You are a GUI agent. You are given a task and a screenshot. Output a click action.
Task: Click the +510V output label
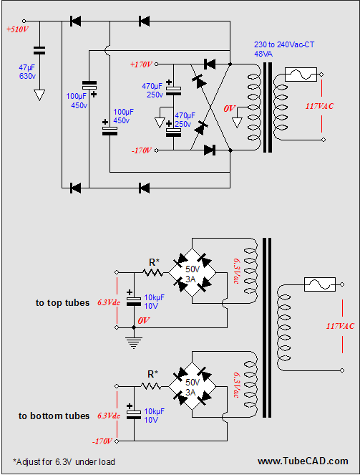tap(18, 29)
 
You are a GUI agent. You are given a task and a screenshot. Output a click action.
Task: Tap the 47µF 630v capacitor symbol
tap(39, 51)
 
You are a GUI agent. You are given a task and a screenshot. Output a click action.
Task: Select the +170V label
tap(141, 64)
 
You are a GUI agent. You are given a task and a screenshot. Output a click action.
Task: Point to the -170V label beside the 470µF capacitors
tap(142, 150)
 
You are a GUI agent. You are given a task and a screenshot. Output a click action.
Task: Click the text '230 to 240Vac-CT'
tap(284, 45)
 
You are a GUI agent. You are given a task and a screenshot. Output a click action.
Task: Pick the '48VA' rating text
tap(263, 54)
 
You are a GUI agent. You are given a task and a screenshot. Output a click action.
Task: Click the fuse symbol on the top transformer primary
tap(301, 75)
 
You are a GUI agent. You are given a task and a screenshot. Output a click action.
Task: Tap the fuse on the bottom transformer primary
tap(320, 284)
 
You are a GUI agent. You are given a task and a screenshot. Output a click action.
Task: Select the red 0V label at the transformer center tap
tap(229, 108)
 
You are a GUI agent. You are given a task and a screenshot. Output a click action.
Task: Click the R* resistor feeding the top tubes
tap(153, 273)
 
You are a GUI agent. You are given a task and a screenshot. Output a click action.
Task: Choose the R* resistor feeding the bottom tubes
tap(150, 386)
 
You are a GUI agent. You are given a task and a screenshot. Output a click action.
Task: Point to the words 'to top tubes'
tap(62, 303)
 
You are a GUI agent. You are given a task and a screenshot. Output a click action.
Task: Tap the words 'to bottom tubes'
tap(54, 416)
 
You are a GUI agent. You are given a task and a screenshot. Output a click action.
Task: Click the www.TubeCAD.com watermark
tap(303, 461)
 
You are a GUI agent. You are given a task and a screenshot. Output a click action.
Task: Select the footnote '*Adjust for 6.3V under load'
tap(64, 461)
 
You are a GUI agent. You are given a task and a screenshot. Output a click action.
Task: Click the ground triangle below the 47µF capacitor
tap(39, 95)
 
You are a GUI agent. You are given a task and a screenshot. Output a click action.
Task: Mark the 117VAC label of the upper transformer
tap(319, 106)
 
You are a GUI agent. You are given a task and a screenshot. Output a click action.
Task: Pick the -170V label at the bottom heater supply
tap(102, 441)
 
